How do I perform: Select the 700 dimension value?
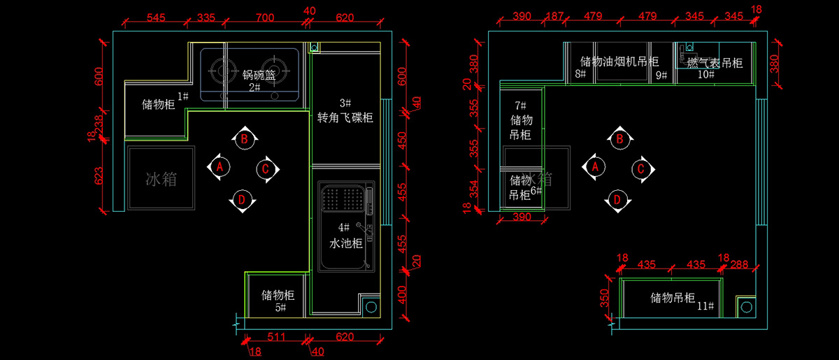(x=265, y=17)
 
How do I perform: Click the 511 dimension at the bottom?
(x=277, y=337)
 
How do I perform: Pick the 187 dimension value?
(x=554, y=17)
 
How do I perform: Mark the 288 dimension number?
(x=739, y=265)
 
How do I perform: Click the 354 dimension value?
(x=474, y=189)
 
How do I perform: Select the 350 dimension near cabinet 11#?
(x=605, y=298)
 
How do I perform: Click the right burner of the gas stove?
(x=278, y=69)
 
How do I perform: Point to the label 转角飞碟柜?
(x=345, y=118)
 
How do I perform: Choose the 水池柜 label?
(x=345, y=244)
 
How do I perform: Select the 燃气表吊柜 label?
(x=714, y=64)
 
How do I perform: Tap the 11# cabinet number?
(x=705, y=306)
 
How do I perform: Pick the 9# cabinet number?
(x=661, y=75)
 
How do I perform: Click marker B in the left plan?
(x=244, y=139)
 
